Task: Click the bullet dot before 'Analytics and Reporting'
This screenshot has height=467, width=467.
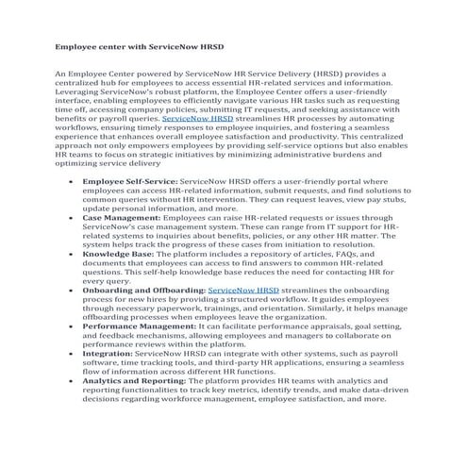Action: (x=70, y=405)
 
